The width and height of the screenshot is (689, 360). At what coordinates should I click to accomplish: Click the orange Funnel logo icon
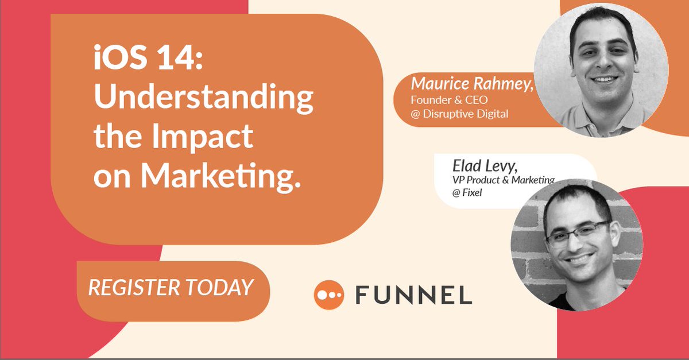coord(328,295)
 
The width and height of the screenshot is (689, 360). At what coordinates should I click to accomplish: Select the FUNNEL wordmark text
coord(413,295)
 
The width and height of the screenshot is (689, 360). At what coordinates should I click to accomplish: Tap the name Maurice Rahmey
coord(471,84)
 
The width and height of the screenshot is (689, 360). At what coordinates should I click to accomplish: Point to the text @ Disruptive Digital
coord(459,114)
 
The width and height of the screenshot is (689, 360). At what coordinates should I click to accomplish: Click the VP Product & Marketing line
coord(503,180)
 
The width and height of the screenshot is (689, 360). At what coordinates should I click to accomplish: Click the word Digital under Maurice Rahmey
coord(492,114)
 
